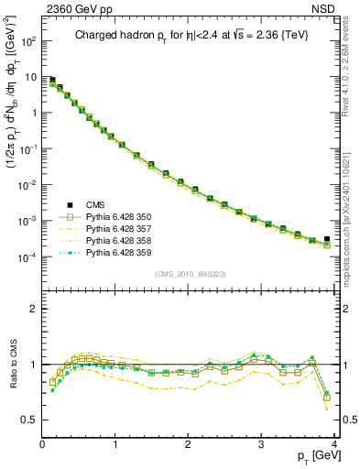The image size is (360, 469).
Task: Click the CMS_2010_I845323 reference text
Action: tap(189, 273)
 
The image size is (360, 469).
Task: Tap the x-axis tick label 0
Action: tap(43, 445)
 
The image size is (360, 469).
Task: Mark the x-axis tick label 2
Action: tap(190, 445)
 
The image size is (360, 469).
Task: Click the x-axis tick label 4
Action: tap(335, 445)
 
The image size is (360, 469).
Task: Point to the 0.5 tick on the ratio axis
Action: tap(29, 420)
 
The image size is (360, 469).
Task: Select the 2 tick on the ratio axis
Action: tap(34, 309)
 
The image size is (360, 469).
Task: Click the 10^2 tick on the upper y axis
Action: tap(28, 41)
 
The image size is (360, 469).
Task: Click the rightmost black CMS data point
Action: tap(327, 239)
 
